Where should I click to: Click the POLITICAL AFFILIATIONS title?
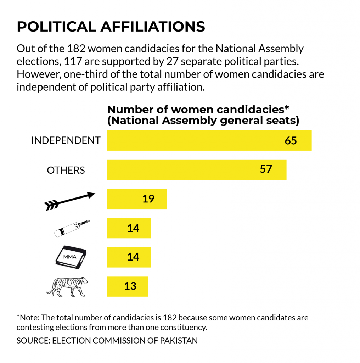[x=111, y=27]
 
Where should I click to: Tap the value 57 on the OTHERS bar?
[x=266, y=169]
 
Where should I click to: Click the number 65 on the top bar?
[x=291, y=141]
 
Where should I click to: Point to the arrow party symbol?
[x=69, y=201]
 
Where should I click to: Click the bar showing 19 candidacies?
[x=136, y=199]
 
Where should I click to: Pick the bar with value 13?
[x=127, y=286]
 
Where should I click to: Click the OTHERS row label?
[x=66, y=170]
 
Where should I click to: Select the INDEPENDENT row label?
[x=66, y=140]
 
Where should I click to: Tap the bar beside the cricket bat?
[x=129, y=228]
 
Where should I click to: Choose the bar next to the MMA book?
[x=129, y=257]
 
